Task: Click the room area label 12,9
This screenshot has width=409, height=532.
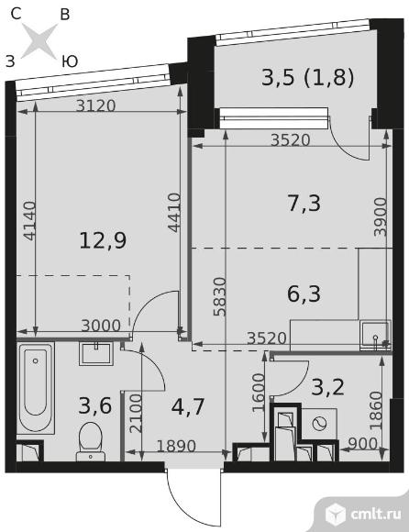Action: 103,240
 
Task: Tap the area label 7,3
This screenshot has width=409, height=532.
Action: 304,204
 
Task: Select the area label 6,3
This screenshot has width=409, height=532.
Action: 304,294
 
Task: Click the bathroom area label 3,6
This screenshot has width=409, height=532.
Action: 95,405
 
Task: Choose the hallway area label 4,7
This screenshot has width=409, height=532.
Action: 188,407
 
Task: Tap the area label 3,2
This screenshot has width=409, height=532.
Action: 328,387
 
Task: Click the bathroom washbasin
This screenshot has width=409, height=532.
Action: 96,353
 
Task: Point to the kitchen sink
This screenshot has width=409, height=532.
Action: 375,335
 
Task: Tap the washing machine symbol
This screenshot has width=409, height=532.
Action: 319,424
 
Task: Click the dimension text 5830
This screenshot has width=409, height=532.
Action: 219,296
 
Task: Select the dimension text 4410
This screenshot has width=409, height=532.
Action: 174,213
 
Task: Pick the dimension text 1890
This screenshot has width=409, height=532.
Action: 176,446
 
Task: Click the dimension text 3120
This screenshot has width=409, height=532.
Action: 95,105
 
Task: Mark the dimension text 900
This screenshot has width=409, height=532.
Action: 362,443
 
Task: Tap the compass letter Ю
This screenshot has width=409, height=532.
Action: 71,61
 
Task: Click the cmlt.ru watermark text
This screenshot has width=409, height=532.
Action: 376,514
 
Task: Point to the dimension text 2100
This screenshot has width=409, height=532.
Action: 137,413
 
